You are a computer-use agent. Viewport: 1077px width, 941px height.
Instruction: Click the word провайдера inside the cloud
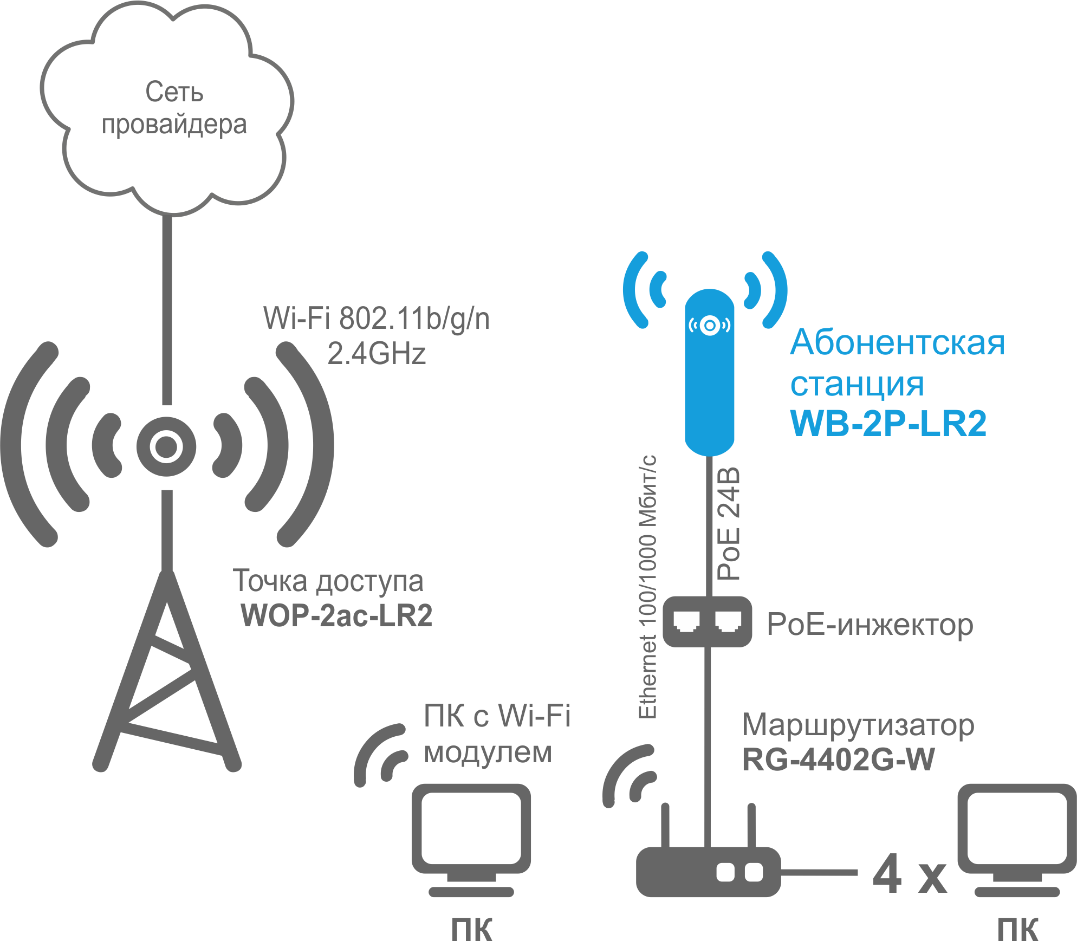174,125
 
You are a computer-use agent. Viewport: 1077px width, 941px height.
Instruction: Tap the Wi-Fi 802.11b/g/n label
376,318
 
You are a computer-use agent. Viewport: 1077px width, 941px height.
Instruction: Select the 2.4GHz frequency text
376,354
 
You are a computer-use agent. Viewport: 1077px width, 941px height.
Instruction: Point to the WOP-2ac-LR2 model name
336,615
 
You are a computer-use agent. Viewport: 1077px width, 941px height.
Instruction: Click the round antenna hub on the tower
166,446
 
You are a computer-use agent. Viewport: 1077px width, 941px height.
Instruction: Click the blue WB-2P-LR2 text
888,423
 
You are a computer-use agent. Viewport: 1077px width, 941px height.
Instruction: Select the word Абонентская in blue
897,343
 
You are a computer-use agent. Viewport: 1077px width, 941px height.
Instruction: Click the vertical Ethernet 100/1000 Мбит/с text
648,587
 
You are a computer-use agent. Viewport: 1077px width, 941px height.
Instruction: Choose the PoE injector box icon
707,621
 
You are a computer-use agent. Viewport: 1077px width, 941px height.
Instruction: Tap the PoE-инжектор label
870,625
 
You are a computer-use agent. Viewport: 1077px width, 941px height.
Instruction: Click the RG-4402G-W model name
838,760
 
